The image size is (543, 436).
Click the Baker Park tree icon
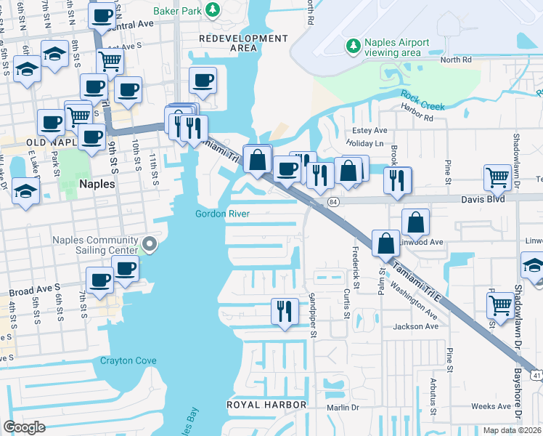pos(213,9)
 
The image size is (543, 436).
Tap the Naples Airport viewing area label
pos(396,48)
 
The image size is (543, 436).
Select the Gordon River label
pos(222,214)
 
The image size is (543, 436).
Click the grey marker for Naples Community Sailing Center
pos(150,244)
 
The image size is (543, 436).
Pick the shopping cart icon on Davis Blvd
pos(498,176)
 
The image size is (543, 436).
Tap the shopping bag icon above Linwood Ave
pos(415,221)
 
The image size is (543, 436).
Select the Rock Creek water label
pos(422,101)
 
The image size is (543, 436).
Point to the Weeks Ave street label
pos(491,406)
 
